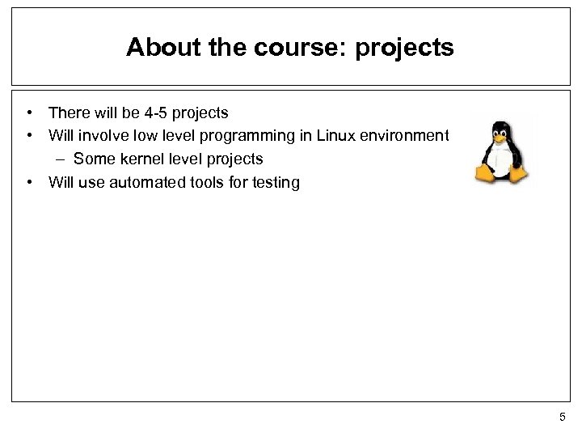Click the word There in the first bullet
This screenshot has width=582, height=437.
point(67,112)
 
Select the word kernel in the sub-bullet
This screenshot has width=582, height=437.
point(137,159)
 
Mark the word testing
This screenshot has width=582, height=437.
point(275,182)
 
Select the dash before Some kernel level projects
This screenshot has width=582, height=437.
point(63,159)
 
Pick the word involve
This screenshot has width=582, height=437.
point(101,135)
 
